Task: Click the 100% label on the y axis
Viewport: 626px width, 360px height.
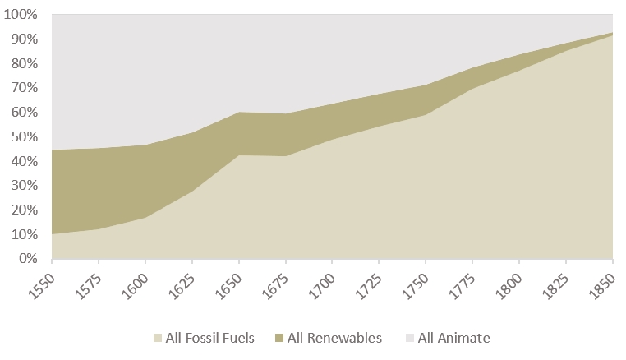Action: click(23, 15)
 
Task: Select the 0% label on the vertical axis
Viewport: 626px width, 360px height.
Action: click(28, 258)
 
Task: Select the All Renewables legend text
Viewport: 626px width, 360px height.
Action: click(334, 338)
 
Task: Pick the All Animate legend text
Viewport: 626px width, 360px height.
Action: click(454, 338)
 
